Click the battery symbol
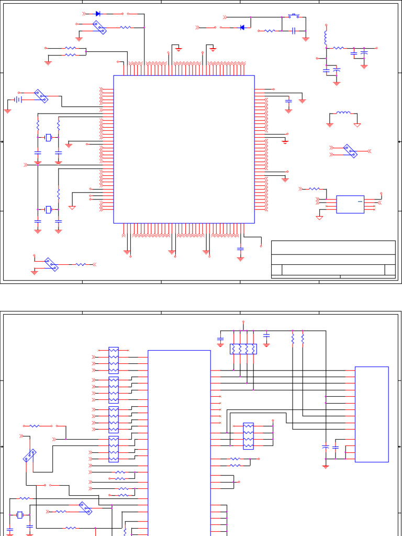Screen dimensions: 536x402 pos(17,99)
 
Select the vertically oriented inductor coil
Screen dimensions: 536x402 pos(326,37)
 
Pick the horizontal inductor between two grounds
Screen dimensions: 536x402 pos(343,113)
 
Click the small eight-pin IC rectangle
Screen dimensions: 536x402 pos(350,204)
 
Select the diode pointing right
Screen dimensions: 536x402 pos(98,14)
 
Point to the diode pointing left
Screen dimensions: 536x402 pos(242,27)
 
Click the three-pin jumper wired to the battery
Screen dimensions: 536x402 pos(41,96)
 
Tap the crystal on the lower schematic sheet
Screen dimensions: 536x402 pos(20,515)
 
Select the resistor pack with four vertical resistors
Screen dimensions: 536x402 pos(243,349)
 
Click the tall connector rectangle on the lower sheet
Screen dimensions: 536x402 pos(372,414)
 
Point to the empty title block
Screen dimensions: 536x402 pos(333,259)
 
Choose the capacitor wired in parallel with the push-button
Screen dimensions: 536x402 pos(294,31)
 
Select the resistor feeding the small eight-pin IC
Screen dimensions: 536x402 pos(314,188)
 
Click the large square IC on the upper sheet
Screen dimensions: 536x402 pos(184,149)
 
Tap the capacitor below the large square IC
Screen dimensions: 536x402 pos(240,248)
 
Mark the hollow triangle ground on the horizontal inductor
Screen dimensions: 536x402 pos(358,125)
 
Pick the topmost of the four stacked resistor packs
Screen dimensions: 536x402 pos(114,360)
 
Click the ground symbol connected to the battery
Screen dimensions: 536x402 pos(8,110)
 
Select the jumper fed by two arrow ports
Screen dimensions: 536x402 pos(350,151)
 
